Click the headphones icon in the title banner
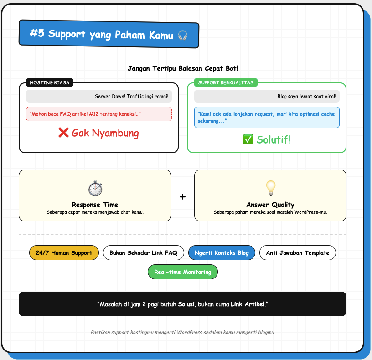pyautogui.click(x=182, y=35)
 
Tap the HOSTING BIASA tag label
pyautogui.click(x=50, y=82)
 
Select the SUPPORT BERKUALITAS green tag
pyautogui.click(x=226, y=82)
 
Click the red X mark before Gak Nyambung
pyautogui.click(x=63, y=133)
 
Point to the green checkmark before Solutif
pyautogui.click(x=248, y=139)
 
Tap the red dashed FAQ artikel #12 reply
pyautogui.click(x=98, y=114)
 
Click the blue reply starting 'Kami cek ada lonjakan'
pyautogui.click(x=267, y=117)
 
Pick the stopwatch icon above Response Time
pyautogui.click(x=95, y=188)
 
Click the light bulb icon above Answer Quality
pyautogui.click(x=270, y=187)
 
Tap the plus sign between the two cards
pyautogui.click(x=183, y=197)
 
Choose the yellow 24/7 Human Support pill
pyautogui.click(x=64, y=253)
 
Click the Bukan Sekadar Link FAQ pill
pyautogui.click(x=143, y=253)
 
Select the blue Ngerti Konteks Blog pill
pyautogui.click(x=222, y=253)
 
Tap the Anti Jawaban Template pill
pyautogui.click(x=297, y=253)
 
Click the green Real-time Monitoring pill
pyautogui.click(x=182, y=272)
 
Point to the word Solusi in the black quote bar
pyautogui.click(x=186, y=303)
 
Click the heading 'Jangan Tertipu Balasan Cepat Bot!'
pyautogui.click(x=182, y=68)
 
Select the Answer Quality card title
pyautogui.click(x=270, y=205)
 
